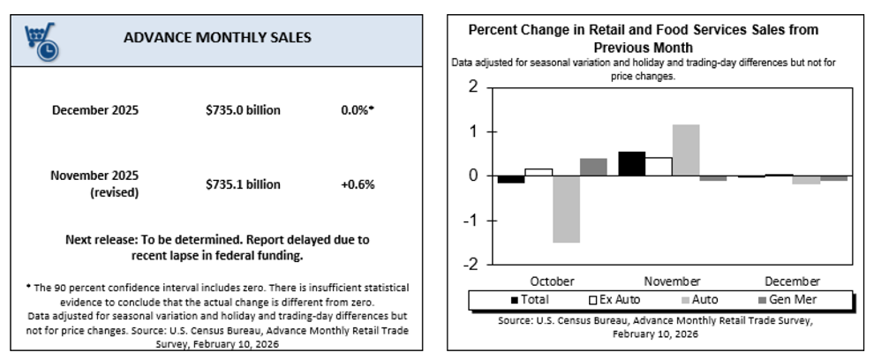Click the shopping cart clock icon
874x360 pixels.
click(x=41, y=41)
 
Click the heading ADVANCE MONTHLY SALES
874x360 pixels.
click(x=217, y=38)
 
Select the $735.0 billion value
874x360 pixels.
click(x=242, y=110)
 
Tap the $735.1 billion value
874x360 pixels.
click(x=242, y=184)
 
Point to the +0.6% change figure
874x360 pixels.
click(x=358, y=184)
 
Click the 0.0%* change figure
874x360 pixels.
click(x=358, y=110)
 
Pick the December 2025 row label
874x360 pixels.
click(x=95, y=110)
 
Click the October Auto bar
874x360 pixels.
click(x=566, y=209)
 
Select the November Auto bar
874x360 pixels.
click(x=686, y=150)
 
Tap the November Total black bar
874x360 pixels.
click(x=631, y=164)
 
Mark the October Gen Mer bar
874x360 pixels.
click(x=593, y=167)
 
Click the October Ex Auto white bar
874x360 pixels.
click(x=539, y=172)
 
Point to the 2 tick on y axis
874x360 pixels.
click(x=472, y=88)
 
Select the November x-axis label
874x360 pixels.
click(x=672, y=281)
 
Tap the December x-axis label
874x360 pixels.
click(x=792, y=281)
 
